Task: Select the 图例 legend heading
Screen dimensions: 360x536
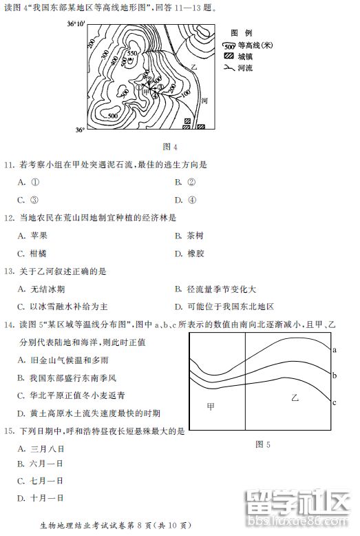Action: click(240, 32)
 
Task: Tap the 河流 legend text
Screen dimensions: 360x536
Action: click(246, 68)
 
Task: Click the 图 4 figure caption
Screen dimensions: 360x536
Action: click(169, 146)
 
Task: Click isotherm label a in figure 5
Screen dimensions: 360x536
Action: click(334, 350)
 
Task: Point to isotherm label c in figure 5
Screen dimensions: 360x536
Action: click(334, 402)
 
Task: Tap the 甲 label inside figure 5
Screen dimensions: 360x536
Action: click(211, 406)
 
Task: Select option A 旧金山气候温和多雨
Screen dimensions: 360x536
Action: click(63, 360)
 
